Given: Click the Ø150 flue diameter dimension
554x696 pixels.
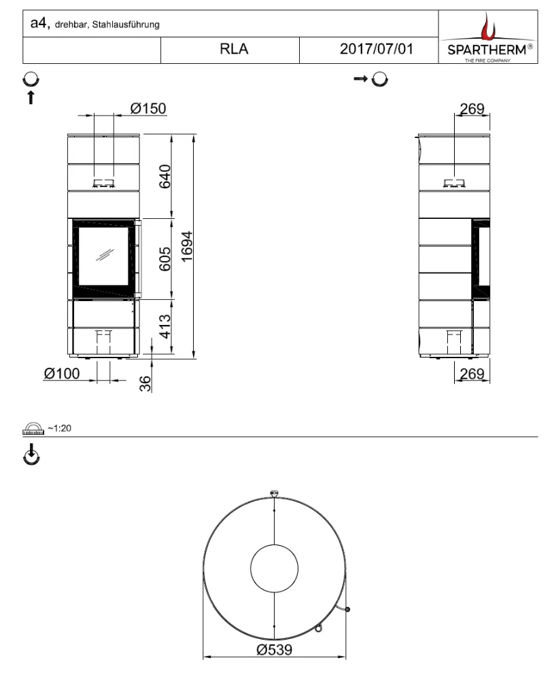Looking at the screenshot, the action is [148, 108].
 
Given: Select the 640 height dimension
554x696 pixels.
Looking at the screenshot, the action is [165, 176].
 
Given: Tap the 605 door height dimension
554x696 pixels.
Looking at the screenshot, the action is [165, 259].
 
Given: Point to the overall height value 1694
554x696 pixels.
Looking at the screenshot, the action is [187, 246].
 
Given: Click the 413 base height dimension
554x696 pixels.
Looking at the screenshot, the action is [165, 327].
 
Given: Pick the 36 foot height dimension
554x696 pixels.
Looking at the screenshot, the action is [145, 383].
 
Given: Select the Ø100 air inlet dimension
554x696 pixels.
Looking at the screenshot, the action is [62, 374].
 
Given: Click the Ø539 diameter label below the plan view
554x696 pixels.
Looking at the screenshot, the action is [275, 650].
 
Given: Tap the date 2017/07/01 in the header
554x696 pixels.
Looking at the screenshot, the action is [377, 49].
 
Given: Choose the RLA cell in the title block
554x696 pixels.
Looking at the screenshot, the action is [234, 49].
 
